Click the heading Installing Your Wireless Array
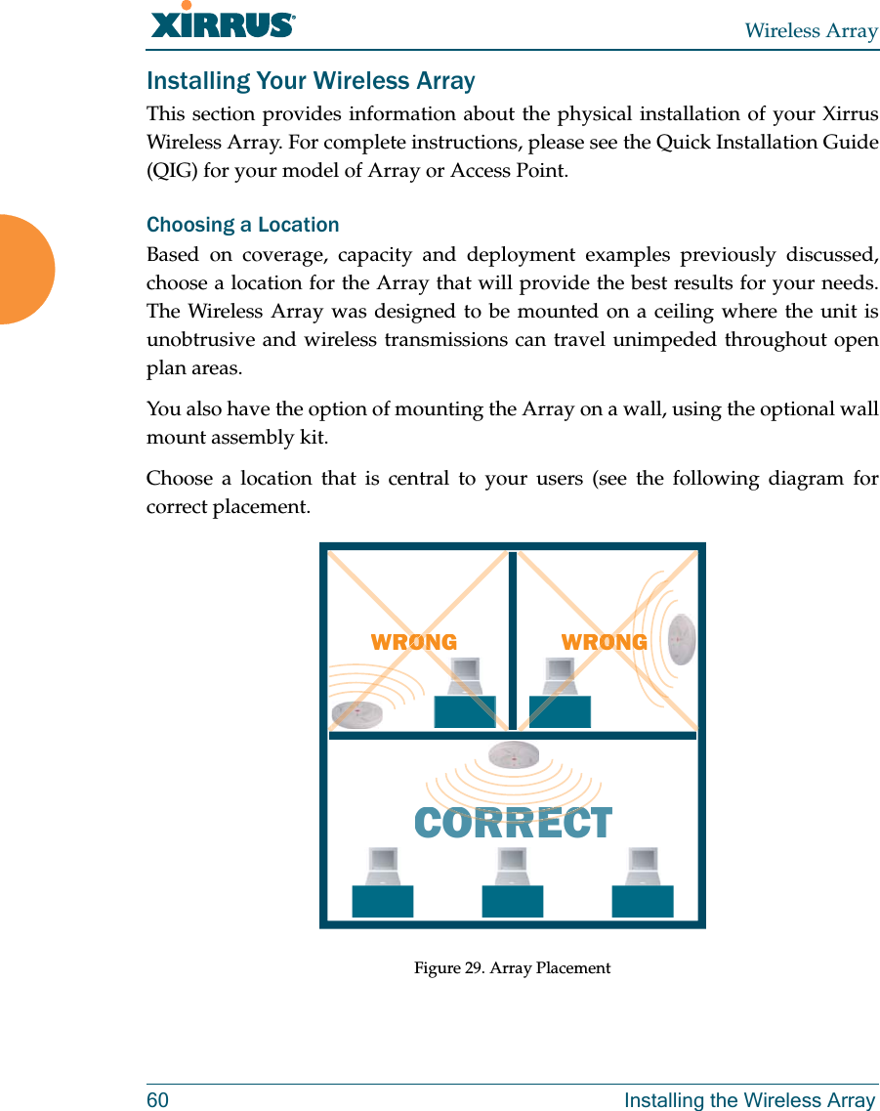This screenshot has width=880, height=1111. pyautogui.click(x=311, y=81)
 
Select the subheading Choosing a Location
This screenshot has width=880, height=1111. pyautogui.click(x=243, y=225)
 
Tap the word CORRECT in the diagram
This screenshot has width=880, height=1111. pyautogui.click(x=514, y=824)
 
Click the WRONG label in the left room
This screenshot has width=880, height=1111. pyautogui.click(x=414, y=642)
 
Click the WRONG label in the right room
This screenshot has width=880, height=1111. pyautogui.click(x=604, y=642)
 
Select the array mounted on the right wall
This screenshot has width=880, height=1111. pyautogui.click(x=682, y=638)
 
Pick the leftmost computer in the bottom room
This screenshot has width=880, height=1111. pyautogui.click(x=383, y=883)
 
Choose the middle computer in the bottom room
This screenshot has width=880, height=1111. pyautogui.click(x=513, y=883)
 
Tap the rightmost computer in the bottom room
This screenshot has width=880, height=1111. pyautogui.click(x=643, y=883)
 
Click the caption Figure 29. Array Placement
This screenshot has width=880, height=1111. pyautogui.click(x=512, y=968)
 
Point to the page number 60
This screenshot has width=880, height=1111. pyautogui.click(x=157, y=1100)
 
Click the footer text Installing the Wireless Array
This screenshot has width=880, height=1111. pyautogui.click(x=749, y=1100)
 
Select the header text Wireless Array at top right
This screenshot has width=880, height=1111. pyautogui.click(x=811, y=31)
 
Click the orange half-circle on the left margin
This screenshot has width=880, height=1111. pyautogui.click(x=25, y=270)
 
